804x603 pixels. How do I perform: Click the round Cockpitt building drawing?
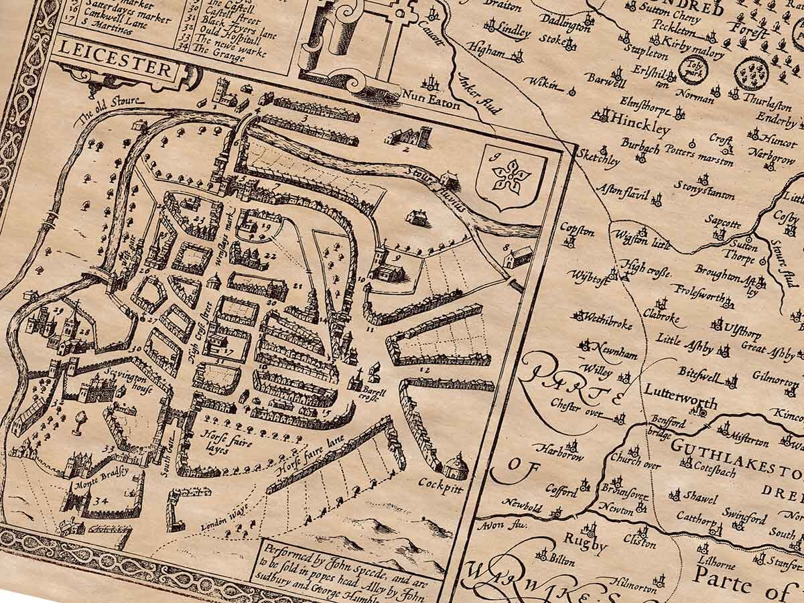[456, 464]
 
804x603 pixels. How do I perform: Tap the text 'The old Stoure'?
[111, 111]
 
